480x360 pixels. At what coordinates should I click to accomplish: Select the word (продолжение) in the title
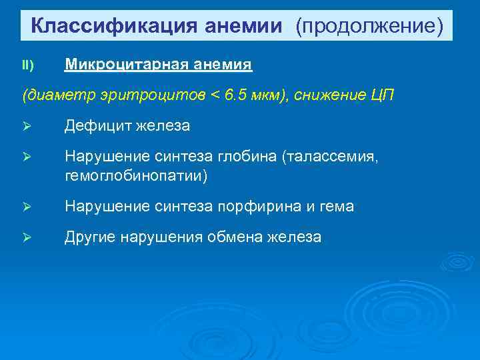371,26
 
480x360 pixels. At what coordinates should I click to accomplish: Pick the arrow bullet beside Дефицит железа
27,126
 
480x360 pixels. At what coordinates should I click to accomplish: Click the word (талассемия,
331,157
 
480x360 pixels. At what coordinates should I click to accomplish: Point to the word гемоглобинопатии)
136,175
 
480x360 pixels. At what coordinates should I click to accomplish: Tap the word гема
338,207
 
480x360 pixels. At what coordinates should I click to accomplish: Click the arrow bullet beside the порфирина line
27,207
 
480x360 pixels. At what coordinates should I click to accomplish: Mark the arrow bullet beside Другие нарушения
27,238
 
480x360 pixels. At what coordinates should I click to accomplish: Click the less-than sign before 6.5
214,95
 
